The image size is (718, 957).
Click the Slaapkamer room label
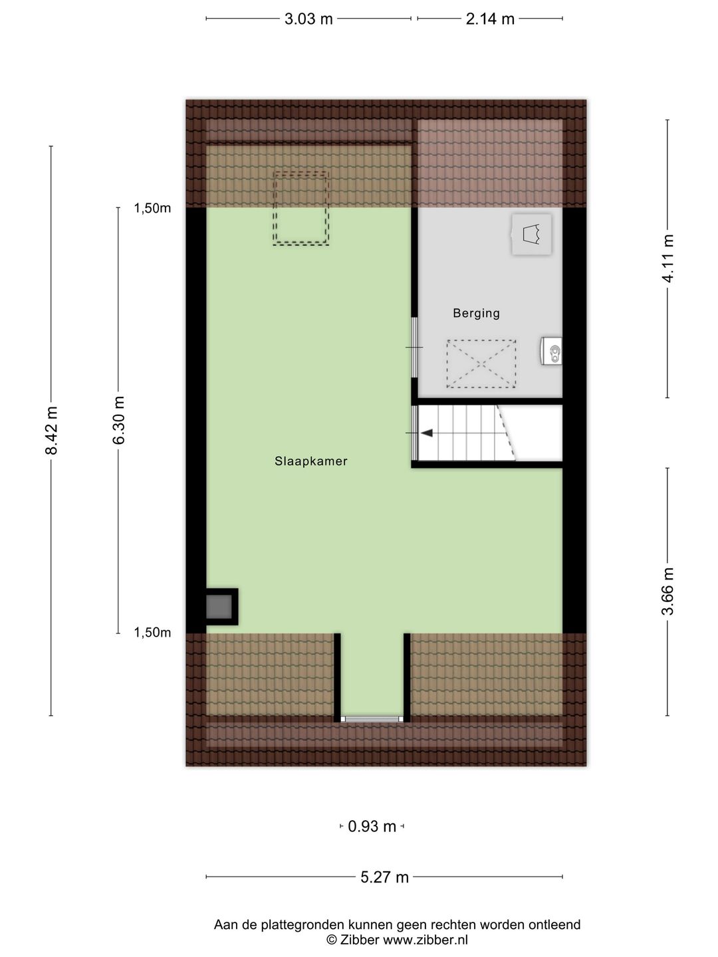311,461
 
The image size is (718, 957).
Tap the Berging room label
476,313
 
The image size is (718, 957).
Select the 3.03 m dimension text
308,19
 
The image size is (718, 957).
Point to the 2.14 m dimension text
490,19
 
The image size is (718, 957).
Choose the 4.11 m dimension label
668,259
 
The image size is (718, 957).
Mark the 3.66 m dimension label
668,591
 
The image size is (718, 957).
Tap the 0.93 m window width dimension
372,827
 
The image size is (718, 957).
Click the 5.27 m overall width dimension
384,877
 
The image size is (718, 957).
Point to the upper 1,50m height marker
152,209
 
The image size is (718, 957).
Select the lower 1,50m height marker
152,633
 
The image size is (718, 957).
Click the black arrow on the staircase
426,433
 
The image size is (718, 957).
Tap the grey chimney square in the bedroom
219,607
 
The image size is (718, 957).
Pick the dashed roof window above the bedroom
300,208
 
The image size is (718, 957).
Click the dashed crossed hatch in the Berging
481,364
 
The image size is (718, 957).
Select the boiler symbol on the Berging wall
552,351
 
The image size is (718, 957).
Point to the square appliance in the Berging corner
531,235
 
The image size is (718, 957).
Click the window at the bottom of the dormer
372,719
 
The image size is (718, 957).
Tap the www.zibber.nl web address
425,940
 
